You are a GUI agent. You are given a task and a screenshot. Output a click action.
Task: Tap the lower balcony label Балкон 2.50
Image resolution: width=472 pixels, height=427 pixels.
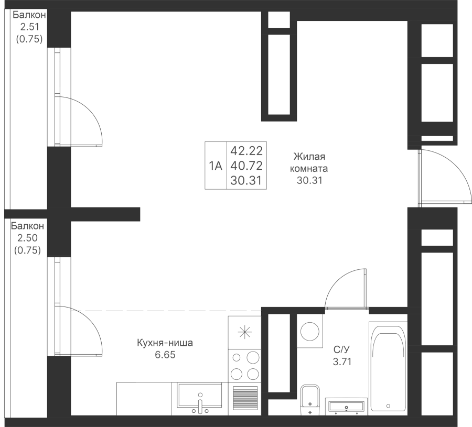(x=27, y=238)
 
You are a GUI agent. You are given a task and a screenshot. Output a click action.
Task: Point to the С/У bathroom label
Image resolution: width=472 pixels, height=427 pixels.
(x=342, y=355)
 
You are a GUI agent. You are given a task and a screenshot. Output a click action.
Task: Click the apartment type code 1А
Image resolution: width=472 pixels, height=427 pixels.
(x=215, y=166)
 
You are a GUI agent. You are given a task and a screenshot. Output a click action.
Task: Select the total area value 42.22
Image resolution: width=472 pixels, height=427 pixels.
(x=246, y=151)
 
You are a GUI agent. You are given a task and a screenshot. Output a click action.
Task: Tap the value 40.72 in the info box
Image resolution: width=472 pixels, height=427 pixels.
(x=246, y=166)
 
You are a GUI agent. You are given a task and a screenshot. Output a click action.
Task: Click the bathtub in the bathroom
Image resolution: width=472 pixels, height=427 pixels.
(x=388, y=367)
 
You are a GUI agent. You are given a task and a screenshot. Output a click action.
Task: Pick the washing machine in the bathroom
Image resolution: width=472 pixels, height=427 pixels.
(x=309, y=331)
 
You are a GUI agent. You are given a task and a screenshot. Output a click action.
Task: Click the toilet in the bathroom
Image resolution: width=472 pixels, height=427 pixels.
(x=310, y=400)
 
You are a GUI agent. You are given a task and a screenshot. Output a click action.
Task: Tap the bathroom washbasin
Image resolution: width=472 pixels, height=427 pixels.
(x=346, y=406)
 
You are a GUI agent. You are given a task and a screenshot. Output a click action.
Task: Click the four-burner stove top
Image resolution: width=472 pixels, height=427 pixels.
(x=245, y=366)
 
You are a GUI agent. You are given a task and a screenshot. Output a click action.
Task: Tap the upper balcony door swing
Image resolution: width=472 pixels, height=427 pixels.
(x=79, y=121)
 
